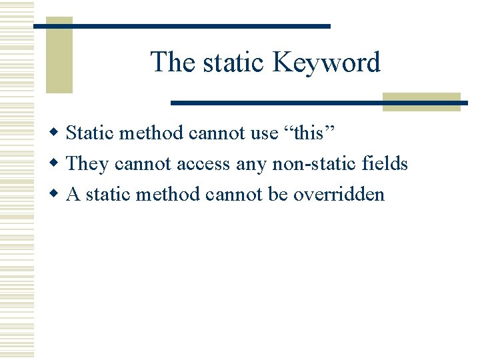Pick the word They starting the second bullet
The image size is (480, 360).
tap(87, 163)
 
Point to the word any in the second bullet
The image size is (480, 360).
tap(247, 163)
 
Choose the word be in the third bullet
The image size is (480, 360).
tap(277, 194)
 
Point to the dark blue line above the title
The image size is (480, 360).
tap(182, 26)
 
